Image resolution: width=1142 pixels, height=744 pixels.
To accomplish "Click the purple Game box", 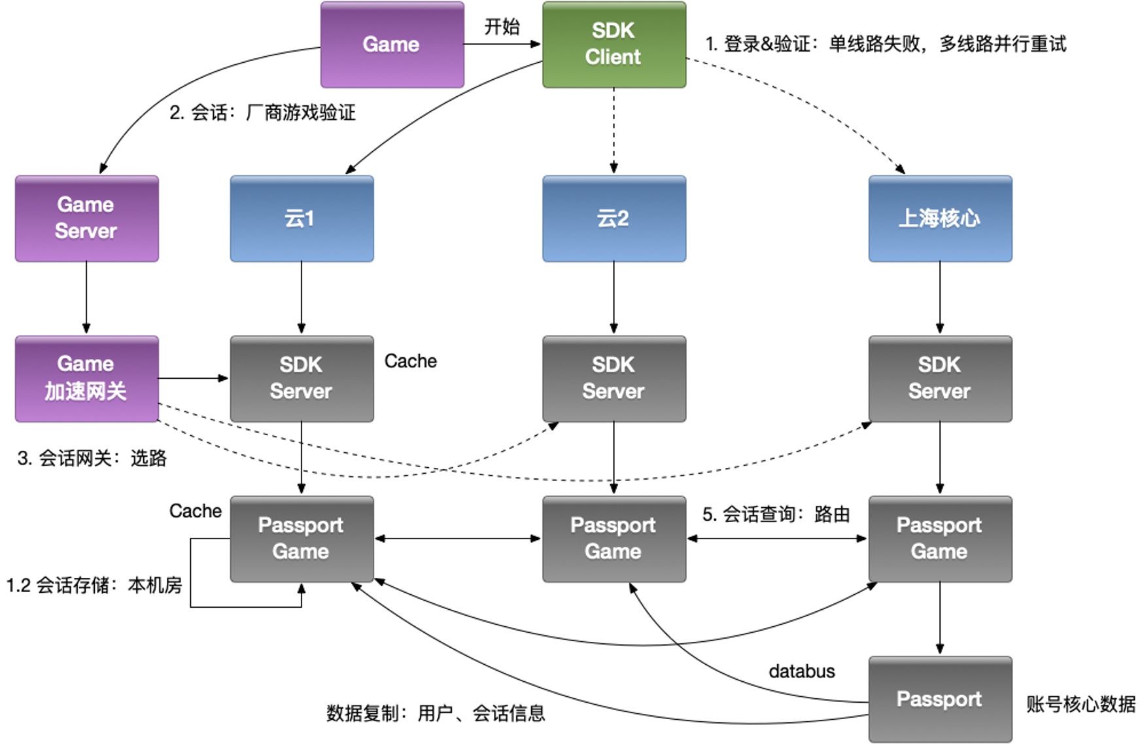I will (392, 44).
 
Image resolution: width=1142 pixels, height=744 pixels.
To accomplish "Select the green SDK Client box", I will (614, 44).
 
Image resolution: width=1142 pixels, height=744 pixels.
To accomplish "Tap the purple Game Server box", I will (86, 219).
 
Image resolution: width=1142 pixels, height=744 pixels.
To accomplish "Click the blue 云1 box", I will (302, 219).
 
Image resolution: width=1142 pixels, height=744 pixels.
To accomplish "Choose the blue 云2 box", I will (614, 219).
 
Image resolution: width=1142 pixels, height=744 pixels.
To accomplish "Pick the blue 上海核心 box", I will (940, 219).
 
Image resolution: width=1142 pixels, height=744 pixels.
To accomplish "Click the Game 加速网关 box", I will (86, 378).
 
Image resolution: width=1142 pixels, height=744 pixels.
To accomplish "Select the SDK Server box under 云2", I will (614, 378).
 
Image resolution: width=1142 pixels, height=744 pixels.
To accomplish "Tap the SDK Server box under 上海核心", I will (940, 378).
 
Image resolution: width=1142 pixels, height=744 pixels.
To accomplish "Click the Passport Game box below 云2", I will (614, 539).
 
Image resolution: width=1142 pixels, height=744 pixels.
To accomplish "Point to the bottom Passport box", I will (940, 699).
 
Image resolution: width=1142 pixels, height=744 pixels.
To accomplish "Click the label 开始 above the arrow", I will (502, 27).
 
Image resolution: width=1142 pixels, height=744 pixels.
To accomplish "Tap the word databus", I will (801, 671).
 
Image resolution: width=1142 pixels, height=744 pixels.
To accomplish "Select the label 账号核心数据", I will (1081, 704).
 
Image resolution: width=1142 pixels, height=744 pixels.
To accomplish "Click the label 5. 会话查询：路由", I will (776, 514).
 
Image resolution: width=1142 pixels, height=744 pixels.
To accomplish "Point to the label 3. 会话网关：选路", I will (92, 458).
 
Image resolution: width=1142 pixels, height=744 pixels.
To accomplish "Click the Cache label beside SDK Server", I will (410, 361).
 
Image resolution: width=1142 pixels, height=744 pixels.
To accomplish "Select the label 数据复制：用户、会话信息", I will (436, 713).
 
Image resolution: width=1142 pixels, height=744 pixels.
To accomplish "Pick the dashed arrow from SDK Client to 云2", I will (614, 131).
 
